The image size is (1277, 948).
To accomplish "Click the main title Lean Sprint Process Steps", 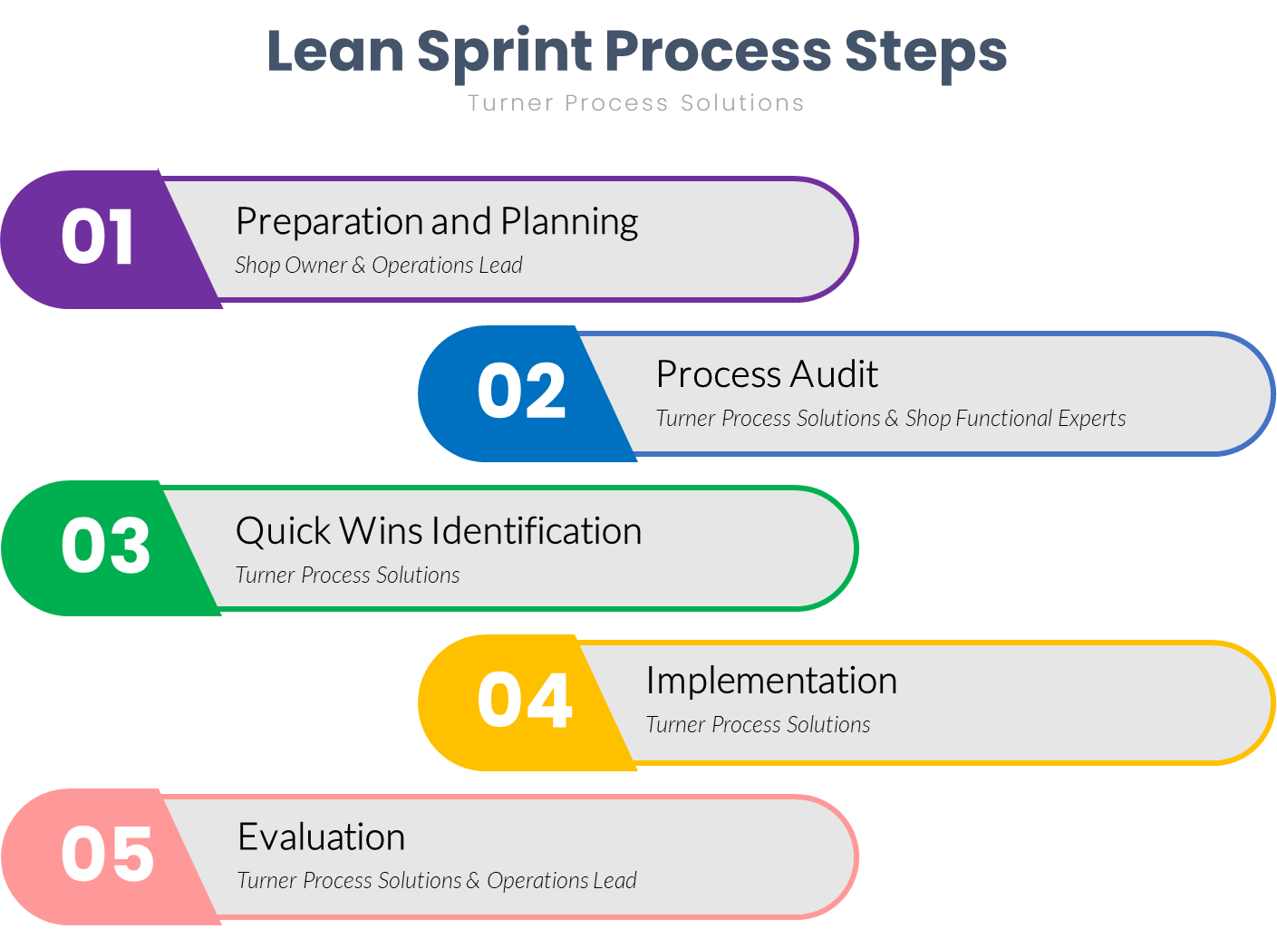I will [x=636, y=51].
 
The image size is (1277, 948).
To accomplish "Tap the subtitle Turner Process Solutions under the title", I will [x=636, y=103].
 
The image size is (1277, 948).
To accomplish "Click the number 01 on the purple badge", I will [x=98, y=237].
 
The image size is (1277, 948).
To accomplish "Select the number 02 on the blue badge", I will [x=521, y=392].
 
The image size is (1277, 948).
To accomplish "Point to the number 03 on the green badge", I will [x=105, y=547].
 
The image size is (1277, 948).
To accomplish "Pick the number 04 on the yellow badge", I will [x=525, y=701].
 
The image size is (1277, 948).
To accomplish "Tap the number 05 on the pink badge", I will [x=107, y=855].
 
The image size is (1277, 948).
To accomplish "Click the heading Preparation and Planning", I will [x=437, y=222].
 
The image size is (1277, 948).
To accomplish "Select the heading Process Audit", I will [x=767, y=374].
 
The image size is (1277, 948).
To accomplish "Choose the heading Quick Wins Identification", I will [x=439, y=531].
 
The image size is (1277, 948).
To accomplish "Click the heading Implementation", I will [x=771, y=681].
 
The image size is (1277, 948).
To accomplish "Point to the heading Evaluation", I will [x=321, y=837].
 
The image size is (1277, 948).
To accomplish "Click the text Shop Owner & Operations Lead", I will [x=379, y=266].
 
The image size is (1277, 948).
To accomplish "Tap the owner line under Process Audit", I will [x=890, y=419].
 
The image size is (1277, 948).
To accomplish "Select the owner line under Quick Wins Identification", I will [x=347, y=576].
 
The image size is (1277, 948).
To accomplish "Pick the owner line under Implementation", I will [x=758, y=725].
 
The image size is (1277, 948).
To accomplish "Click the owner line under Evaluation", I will [x=437, y=881].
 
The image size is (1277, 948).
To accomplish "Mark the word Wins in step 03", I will [x=372, y=531].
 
